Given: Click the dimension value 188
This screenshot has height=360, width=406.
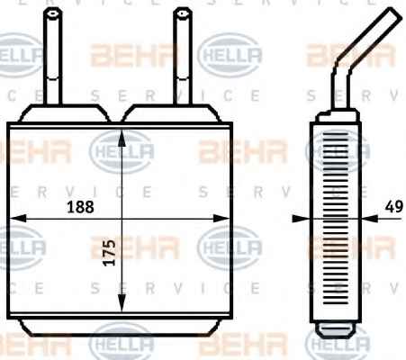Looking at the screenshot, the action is (x=80, y=207).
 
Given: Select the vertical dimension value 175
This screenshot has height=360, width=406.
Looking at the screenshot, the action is (x=110, y=253).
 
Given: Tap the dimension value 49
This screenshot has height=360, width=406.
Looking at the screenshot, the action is (x=394, y=207).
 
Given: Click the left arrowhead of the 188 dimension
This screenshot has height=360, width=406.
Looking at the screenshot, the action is (x=18, y=219).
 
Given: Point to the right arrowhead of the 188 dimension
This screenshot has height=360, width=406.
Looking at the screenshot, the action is (x=221, y=219).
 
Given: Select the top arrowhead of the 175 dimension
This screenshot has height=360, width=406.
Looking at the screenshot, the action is (x=122, y=138).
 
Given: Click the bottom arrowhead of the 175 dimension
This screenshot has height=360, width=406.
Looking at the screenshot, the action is (x=122, y=303).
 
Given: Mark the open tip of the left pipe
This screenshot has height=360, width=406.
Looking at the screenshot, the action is (x=53, y=13).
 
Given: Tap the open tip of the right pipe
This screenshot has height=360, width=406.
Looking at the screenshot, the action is (x=183, y=13).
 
